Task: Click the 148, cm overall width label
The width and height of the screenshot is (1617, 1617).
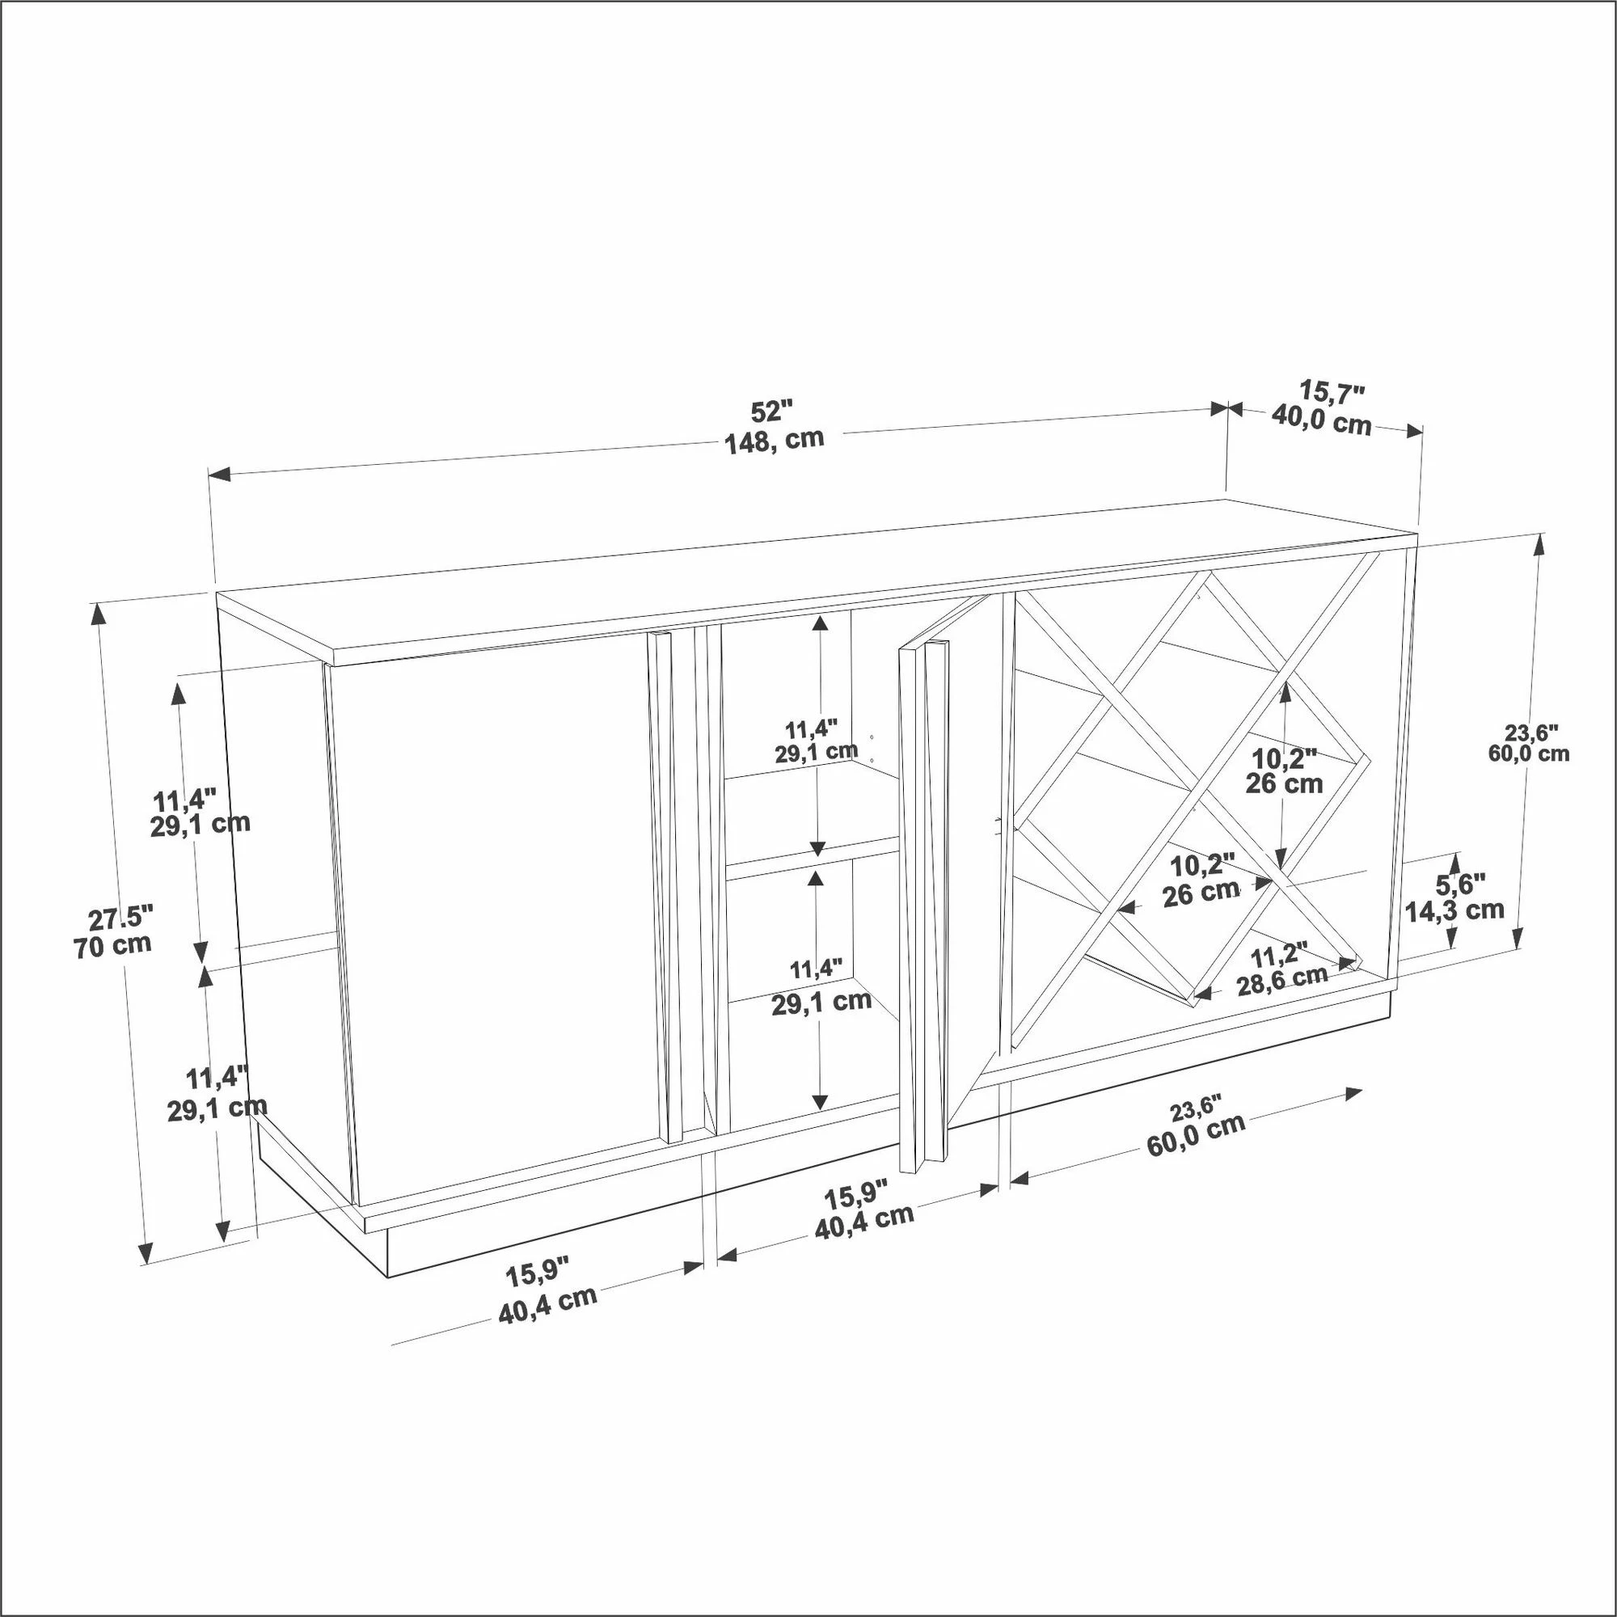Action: click(775, 441)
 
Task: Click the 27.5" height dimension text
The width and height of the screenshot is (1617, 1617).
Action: click(120, 918)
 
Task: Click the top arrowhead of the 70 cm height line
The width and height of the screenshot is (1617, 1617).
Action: click(99, 614)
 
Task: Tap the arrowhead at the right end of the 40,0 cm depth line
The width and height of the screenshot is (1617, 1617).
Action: click(1413, 431)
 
